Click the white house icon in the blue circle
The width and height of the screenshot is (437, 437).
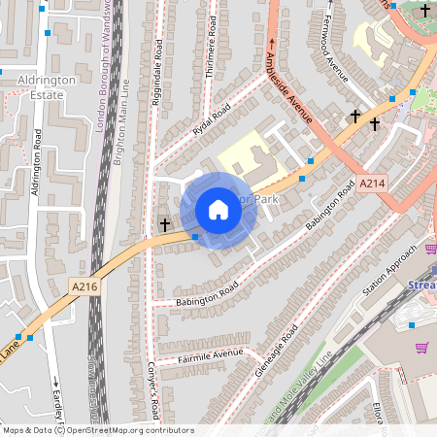tap(218, 210)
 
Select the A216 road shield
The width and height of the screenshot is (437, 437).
tap(84, 286)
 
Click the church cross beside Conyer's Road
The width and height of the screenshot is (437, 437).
tap(165, 224)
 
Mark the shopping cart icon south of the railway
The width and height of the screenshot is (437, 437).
tap(421, 348)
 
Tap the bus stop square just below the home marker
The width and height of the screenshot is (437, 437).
tap(195, 237)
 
